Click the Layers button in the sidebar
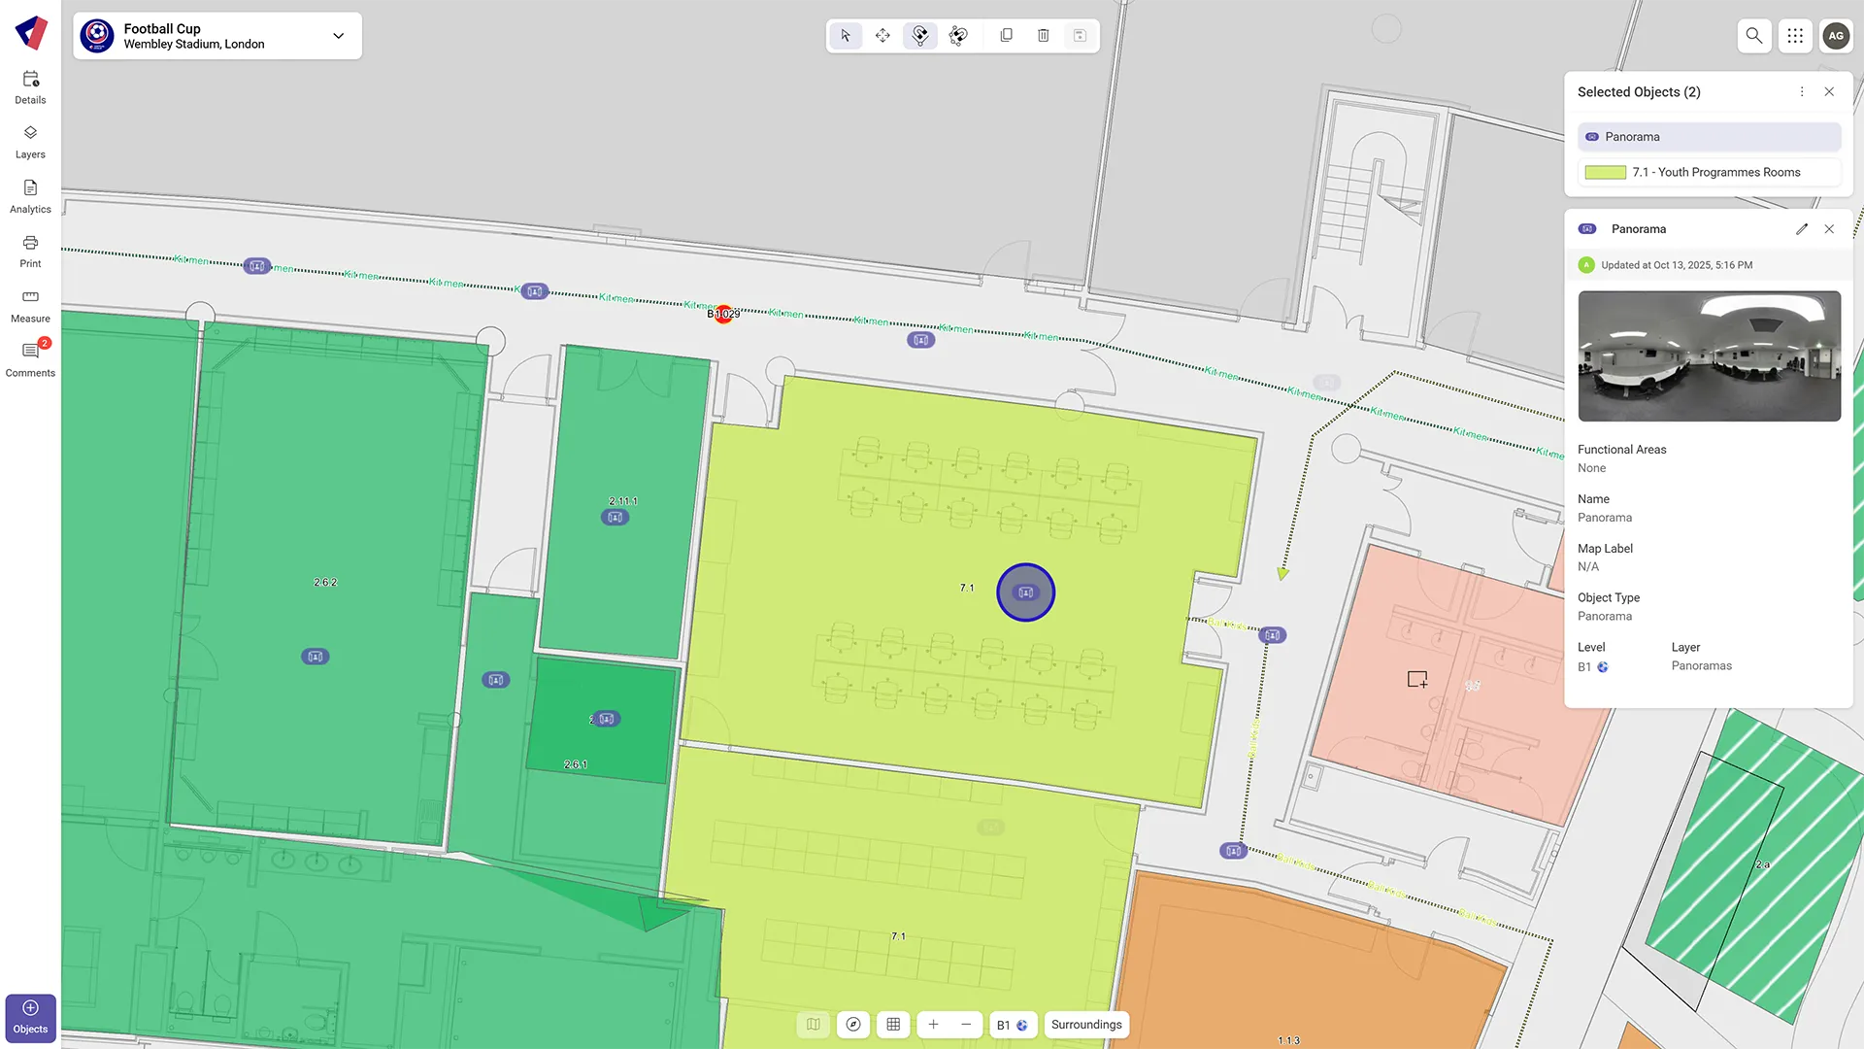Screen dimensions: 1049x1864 [30, 141]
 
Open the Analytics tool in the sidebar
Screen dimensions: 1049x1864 [30, 195]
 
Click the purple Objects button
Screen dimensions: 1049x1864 [30, 1017]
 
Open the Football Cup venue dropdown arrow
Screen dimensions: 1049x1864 [338, 36]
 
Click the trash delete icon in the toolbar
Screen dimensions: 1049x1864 [1043, 36]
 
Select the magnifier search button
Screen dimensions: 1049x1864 [1753, 36]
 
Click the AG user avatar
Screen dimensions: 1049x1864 [1835, 36]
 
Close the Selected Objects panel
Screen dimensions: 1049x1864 [1829, 92]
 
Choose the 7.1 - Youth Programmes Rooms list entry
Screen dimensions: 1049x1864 [1709, 173]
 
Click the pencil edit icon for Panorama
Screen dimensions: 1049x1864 [1802, 229]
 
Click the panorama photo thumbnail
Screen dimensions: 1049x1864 [1709, 356]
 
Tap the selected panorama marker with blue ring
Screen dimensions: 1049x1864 [1025, 592]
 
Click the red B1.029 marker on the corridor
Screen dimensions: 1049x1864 [723, 314]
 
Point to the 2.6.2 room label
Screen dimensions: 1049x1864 [325, 583]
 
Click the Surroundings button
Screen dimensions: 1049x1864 [1086, 1025]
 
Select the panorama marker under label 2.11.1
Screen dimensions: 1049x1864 [615, 518]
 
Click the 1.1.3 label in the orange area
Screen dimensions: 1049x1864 [1288, 1040]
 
